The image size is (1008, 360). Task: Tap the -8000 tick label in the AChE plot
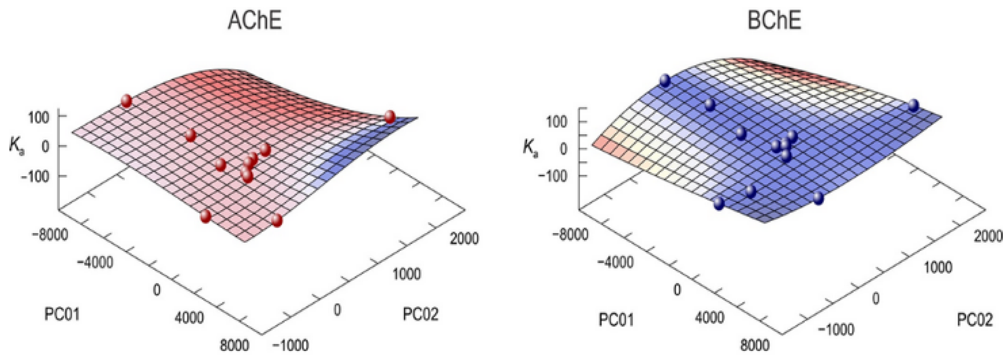click(x=50, y=235)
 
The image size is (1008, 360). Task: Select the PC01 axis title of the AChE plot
click(x=62, y=314)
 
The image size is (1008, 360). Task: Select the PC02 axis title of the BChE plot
click(x=975, y=320)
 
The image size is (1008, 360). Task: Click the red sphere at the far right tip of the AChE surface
click(x=390, y=117)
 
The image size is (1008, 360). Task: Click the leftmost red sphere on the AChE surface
click(x=126, y=101)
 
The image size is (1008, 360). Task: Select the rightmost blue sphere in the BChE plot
click(x=913, y=105)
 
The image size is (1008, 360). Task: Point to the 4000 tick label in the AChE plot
click(x=189, y=318)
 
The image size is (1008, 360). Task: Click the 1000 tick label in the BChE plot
click(x=938, y=267)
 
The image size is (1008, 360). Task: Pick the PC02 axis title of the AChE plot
click(x=421, y=314)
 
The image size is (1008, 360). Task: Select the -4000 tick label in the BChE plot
click(x=615, y=262)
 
